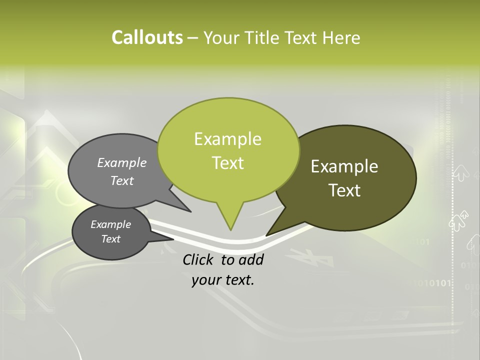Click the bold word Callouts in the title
click(x=147, y=37)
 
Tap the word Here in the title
click(x=341, y=37)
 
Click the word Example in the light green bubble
click(x=228, y=139)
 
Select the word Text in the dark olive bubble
click(x=345, y=190)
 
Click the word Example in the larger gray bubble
click(x=122, y=163)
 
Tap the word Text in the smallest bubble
click(x=111, y=239)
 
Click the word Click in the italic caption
click(x=198, y=259)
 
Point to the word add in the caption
click(x=251, y=259)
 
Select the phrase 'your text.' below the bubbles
click(x=223, y=280)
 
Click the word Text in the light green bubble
click(x=228, y=163)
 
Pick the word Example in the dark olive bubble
click(x=345, y=166)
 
